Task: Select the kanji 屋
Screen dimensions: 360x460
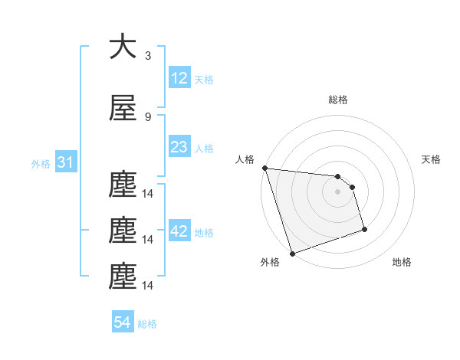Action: (123, 109)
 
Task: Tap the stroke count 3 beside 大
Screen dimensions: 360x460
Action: (148, 55)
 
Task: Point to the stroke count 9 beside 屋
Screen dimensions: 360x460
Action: (148, 116)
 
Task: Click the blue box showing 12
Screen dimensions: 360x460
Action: (179, 78)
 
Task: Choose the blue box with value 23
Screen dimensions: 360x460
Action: (179, 147)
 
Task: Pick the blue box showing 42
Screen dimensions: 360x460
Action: (179, 232)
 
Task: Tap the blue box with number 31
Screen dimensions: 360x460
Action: (64, 163)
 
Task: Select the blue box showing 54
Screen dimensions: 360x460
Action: (123, 322)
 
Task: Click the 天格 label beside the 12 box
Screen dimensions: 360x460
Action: (204, 80)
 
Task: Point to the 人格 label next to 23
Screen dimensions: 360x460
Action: (204, 149)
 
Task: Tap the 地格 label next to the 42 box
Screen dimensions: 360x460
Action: (204, 233)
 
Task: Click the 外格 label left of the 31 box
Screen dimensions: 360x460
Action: (41, 164)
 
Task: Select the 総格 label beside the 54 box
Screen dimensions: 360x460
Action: (147, 324)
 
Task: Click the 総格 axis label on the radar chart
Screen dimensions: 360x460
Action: (338, 100)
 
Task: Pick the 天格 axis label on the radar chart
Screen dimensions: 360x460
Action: (432, 159)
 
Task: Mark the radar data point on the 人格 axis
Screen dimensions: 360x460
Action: (264, 168)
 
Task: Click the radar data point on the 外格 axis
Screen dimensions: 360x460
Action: (292, 253)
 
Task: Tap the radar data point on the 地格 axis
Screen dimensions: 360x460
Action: (364, 228)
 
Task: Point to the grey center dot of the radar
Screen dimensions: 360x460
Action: (338, 191)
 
